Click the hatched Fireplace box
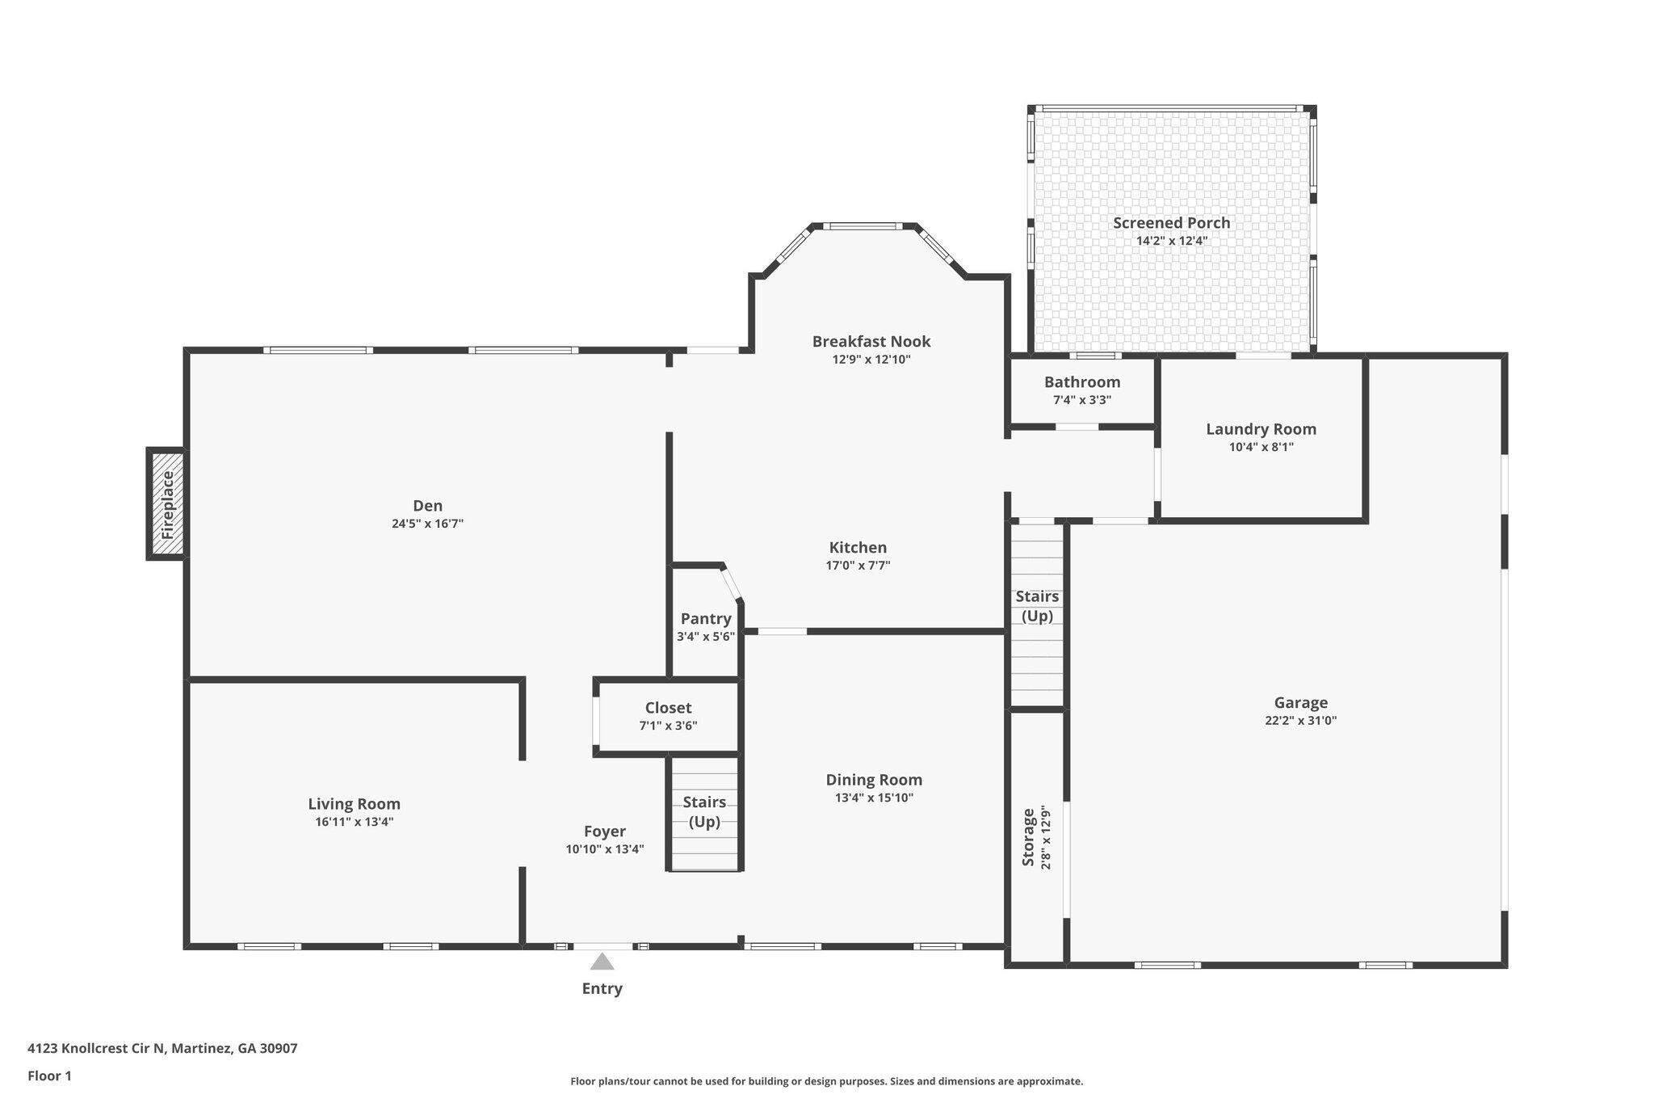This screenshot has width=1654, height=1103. pos(166,503)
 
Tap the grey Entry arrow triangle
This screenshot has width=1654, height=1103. pos(602,961)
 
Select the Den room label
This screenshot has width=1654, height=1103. pos(427,506)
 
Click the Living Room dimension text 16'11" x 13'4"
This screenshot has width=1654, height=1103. pos(355,822)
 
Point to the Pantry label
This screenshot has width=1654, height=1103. pos(706,619)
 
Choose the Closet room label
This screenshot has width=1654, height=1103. pos(668,708)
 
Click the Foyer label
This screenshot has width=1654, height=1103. pos(605,831)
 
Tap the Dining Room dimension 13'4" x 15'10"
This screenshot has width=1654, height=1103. pos(874,798)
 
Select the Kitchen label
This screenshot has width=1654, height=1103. pos(858,548)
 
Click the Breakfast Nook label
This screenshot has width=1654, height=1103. pos(871,341)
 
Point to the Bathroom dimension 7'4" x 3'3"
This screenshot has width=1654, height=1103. pos(1082,399)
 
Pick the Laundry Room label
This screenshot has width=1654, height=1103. pos(1261,429)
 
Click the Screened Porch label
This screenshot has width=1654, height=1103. pos(1172,223)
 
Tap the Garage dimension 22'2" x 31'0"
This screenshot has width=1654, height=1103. pos(1301,721)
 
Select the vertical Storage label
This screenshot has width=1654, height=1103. pos(1028,837)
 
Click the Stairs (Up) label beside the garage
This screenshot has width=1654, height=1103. pos(1037,606)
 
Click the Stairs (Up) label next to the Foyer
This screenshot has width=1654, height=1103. pos(704,812)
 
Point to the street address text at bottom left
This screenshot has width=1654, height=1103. pos(162,1048)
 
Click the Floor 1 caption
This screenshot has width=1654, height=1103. pos(49,1076)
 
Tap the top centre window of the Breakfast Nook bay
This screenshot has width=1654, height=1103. pos(863,226)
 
